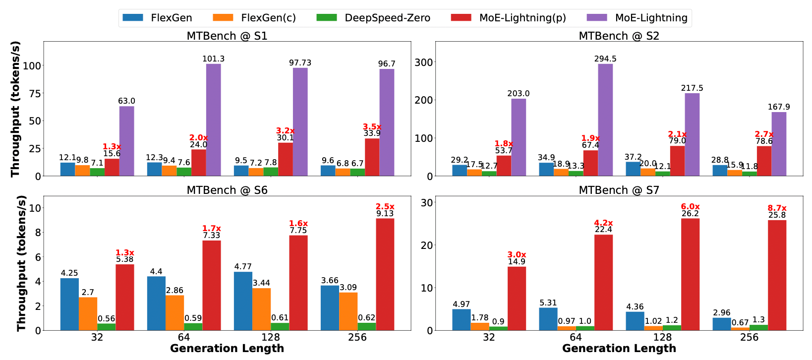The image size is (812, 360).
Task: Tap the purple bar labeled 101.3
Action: [214, 120]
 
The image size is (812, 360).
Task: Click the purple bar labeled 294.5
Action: [605, 120]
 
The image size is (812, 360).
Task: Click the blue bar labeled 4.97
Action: [462, 319]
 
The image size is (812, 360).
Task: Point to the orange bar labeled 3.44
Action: [261, 309]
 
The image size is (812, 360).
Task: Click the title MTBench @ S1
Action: [227, 36]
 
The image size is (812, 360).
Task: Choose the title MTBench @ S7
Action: [619, 190]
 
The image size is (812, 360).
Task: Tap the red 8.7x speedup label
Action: [777, 208]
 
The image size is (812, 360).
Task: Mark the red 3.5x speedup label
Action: [372, 127]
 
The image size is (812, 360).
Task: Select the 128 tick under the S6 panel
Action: [271, 337]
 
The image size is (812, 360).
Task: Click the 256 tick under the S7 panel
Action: [749, 337]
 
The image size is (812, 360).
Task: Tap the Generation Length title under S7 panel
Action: [619, 349]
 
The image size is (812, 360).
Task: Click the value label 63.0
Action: [126, 101]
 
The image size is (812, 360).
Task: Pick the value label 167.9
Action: [779, 107]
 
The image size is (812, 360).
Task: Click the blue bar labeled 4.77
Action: [243, 300]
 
